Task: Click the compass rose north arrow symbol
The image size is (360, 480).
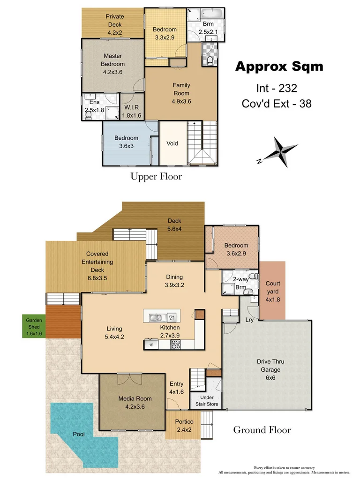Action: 280,151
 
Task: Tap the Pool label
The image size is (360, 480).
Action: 78,434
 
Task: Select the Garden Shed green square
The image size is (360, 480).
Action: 34,326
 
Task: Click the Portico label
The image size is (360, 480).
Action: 184,426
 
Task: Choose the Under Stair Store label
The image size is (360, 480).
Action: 206,400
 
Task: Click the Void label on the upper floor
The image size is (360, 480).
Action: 172,143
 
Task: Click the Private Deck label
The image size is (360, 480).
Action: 114,25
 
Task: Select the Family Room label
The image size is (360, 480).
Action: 181,93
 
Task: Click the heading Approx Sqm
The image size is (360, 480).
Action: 279,67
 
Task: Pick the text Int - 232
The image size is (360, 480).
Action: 277,87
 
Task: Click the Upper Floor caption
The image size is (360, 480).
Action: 156,177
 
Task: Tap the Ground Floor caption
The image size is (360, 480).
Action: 262,430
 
